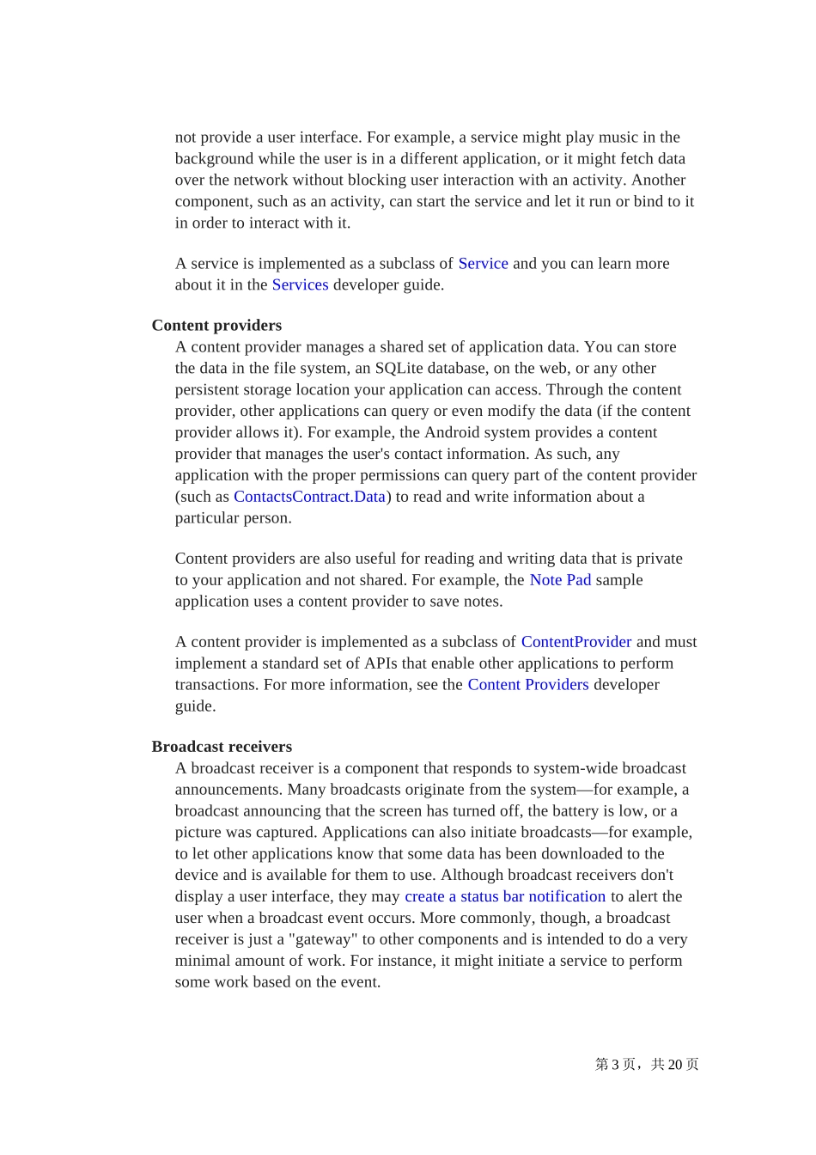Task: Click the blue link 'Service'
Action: pos(483,264)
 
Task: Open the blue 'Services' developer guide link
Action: pos(300,285)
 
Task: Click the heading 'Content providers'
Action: pos(216,326)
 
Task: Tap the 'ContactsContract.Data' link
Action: pos(309,497)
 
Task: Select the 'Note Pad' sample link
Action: pos(560,580)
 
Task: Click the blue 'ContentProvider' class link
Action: pos(575,642)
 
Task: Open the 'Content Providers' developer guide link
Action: pos(527,685)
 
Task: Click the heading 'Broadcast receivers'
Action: pos(222,747)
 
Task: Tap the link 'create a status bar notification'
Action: pos(505,896)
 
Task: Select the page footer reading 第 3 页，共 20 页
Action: pos(646,1065)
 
